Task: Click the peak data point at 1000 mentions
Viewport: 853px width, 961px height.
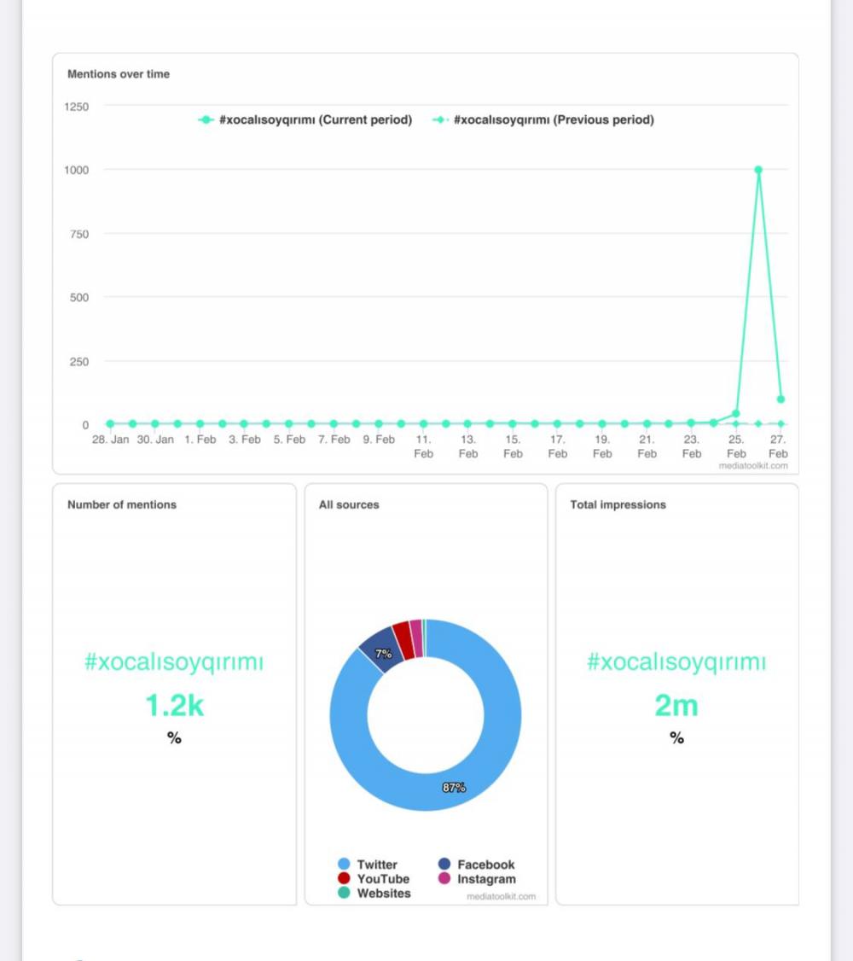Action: [x=758, y=170]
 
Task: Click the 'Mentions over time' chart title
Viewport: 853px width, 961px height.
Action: [x=119, y=74]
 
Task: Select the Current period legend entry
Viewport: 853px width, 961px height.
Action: [x=305, y=120]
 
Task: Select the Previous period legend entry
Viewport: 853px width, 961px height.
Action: [x=543, y=120]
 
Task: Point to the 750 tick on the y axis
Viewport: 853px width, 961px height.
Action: [x=78, y=234]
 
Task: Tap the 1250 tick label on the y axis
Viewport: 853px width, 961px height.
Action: [x=76, y=107]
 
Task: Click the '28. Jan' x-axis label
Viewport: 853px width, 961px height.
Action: [x=111, y=440]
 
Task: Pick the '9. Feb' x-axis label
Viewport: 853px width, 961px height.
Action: [x=379, y=440]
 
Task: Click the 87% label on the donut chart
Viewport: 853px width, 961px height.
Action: [x=454, y=788]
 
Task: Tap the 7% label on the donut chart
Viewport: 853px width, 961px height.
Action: [x=384, y=654]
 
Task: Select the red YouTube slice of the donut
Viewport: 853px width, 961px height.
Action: [x=403, y=640]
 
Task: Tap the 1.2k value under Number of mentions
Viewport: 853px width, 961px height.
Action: [x=174, y=707]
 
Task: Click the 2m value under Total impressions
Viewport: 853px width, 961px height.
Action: [x=676, y=707]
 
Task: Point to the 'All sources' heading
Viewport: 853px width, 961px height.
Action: [x=349, y=505]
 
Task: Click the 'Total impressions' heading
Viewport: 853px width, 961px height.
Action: [x=618, y=505]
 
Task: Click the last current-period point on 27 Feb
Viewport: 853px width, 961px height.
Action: [x=780, y=399]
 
